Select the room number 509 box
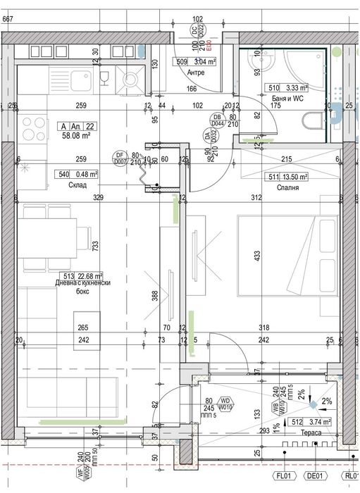(x=181, y=62)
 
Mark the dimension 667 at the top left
(x=7, y=19)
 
